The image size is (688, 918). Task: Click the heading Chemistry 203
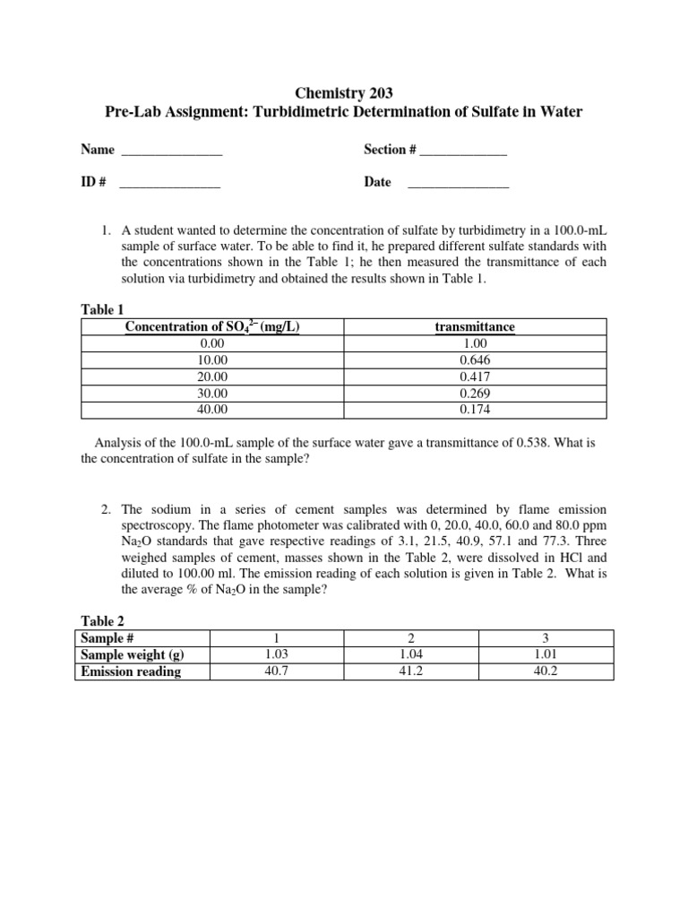pos(344,92)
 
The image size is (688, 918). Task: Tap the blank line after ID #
pos(169,184)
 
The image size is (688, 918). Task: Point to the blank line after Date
pos(458,184)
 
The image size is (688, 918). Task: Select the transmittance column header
pos(474,327)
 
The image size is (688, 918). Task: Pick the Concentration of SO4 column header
pos(212,327)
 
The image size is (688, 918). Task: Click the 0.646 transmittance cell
pos(474,360)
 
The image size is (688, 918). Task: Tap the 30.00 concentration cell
pos(212,394)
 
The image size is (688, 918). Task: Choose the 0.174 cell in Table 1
pos(474,410)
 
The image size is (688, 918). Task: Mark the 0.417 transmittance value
pos(474,377)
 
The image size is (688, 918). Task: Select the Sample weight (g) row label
pos(133,654)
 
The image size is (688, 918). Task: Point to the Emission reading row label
pos(131,671)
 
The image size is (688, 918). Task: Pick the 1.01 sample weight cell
pos(546,654)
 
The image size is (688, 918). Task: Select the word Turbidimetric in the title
pos(282,112)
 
